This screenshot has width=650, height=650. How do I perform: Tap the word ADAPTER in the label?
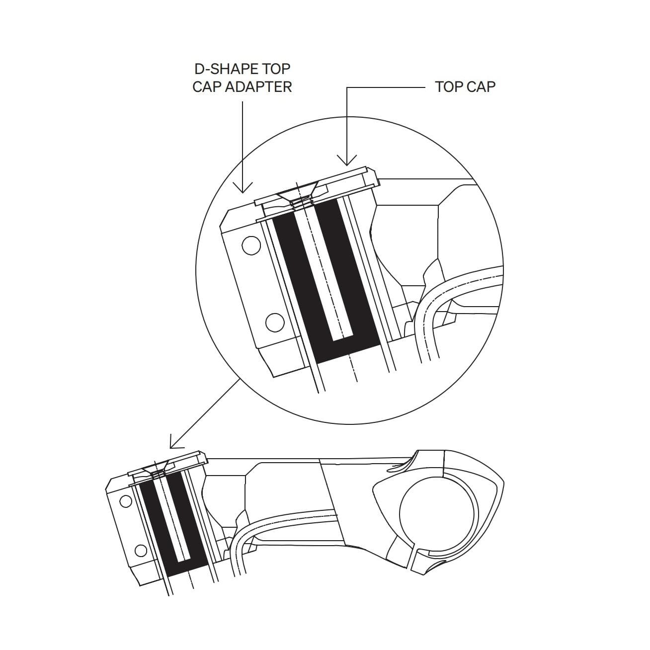click(x=259, y=87)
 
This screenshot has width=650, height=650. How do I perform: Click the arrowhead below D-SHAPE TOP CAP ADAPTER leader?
click(x=243, y=189)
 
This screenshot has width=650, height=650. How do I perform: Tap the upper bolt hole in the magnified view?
click(x=250, y=245)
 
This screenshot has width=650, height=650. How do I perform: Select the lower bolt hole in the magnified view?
click(x=275, y=324)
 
